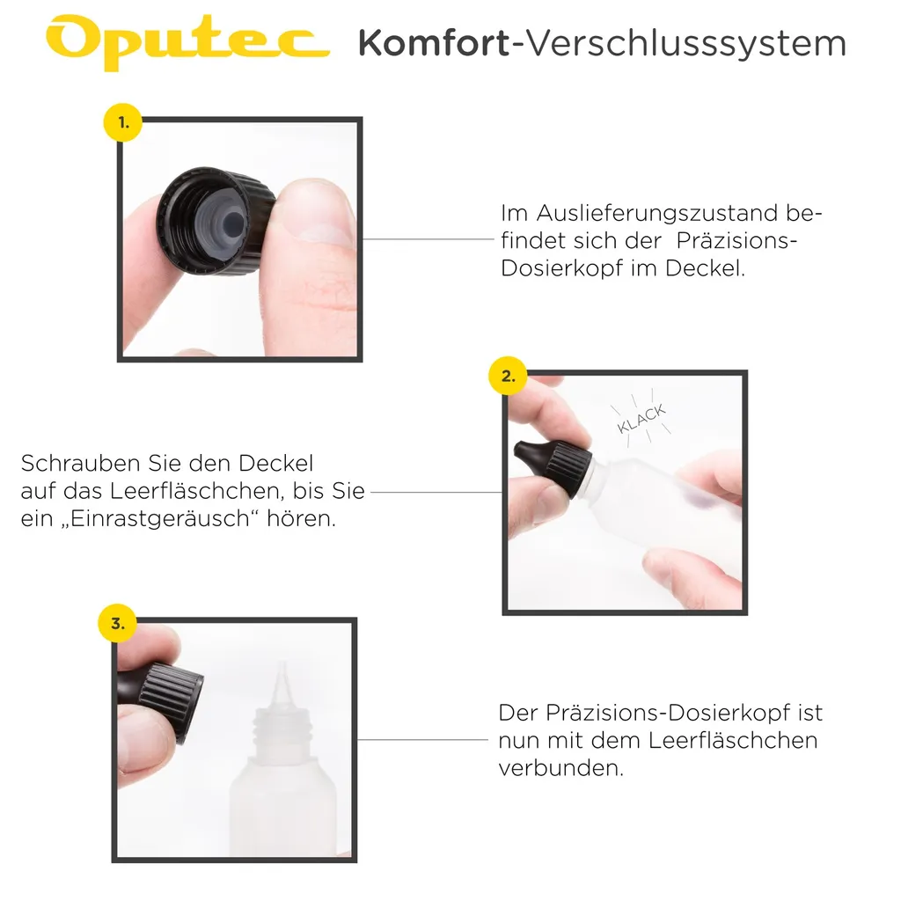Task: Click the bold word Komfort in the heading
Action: (433, 42)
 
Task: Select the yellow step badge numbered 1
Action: (123, 123)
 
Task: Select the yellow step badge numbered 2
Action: (508, 376)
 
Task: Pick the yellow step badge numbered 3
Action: (117, 624)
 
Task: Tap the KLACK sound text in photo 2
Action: (641, 418)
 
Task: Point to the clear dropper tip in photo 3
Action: (282, 678)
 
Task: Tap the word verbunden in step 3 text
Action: (560, 767)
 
